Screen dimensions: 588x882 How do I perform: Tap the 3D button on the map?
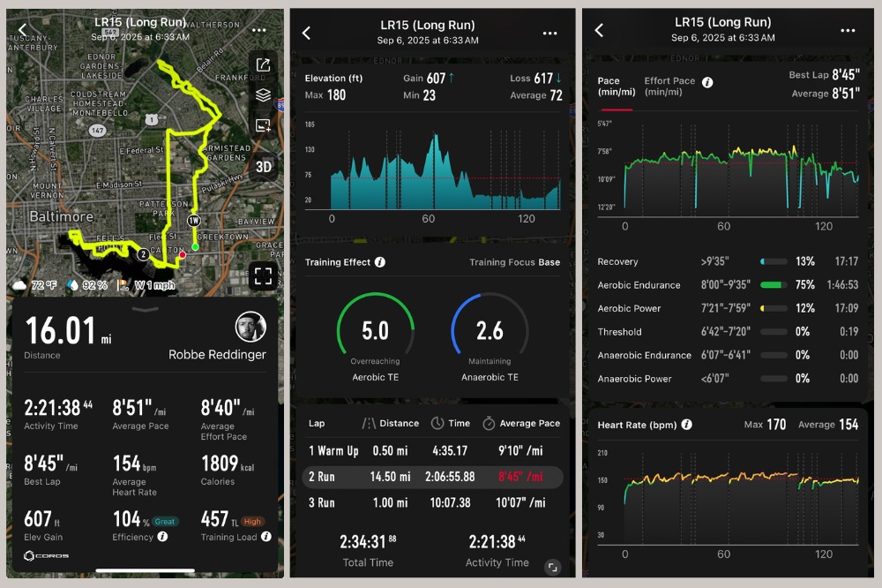click(263, 167)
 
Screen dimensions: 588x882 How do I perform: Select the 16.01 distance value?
click(60, 331)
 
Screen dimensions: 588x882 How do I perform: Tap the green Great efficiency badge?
click(165, 522)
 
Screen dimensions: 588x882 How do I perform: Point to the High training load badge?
click(252, 522)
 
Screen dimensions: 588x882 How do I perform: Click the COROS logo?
click(47, 555)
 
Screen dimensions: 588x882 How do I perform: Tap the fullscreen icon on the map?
click(263, 275)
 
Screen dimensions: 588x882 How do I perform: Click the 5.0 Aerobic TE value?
click(375, 331)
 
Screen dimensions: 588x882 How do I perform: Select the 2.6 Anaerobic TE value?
click(490, 331)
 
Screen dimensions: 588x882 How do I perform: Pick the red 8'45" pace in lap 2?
click(520, 477)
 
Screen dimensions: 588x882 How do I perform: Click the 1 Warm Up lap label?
click(333, 451)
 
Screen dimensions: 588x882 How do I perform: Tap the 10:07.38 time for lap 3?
click(452, 502)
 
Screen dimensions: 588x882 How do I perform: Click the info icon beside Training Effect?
click(380, 262)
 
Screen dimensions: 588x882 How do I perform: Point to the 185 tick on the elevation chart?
click(310, 125)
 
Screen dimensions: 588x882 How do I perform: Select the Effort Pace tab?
click(669, 86)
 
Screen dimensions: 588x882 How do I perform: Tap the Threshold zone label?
click(619, 332)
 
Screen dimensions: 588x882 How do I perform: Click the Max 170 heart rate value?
click(776, 425)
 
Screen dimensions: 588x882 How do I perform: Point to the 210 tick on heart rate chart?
click(603, 454)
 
